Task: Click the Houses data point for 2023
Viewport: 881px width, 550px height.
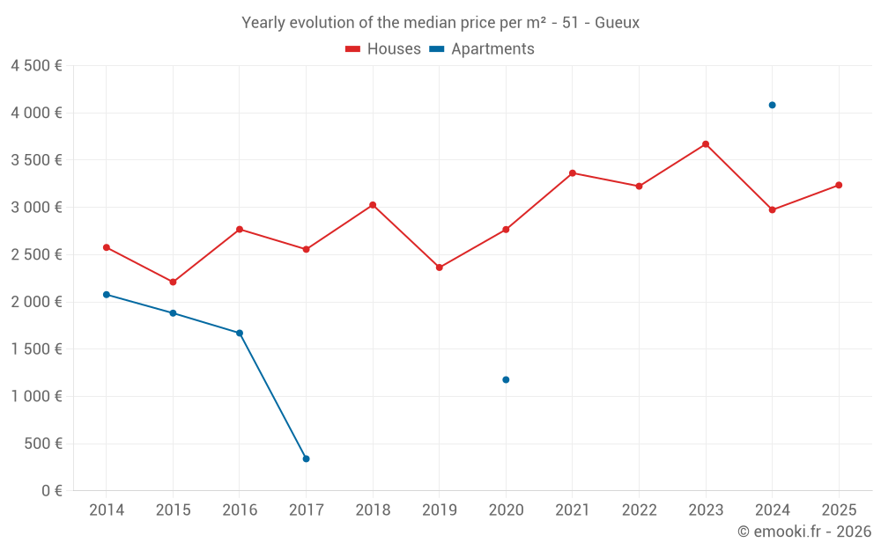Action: pos(706,144)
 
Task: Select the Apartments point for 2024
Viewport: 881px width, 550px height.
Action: pos(772,105)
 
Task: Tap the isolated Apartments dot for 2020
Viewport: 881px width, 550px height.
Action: pos(506,379)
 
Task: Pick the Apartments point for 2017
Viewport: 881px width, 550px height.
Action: pos(306,458)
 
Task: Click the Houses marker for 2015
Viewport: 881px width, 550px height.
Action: pos(173,282)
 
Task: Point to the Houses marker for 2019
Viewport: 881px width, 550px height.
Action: pos(439,268)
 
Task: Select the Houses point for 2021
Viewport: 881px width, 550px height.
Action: pos(573,173)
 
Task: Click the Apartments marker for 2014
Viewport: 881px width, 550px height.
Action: pos(107,294)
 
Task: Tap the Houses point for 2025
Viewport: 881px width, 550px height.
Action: pos(839,185)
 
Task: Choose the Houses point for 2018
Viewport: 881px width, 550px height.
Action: pos(373,205)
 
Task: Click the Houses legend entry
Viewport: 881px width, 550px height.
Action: pos(383,49)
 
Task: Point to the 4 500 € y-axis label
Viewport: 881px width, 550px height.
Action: pos(36,66)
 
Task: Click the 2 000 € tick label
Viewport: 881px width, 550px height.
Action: pos(36,302)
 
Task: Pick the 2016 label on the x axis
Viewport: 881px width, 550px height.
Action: pos(240,510)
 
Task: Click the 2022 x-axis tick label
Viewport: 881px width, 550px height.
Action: pos(639,510)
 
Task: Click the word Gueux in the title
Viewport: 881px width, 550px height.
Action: pos(617,23)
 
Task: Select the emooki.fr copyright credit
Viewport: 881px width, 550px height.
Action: pos(803,532)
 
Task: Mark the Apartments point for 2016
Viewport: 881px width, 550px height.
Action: pos(240,333)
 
